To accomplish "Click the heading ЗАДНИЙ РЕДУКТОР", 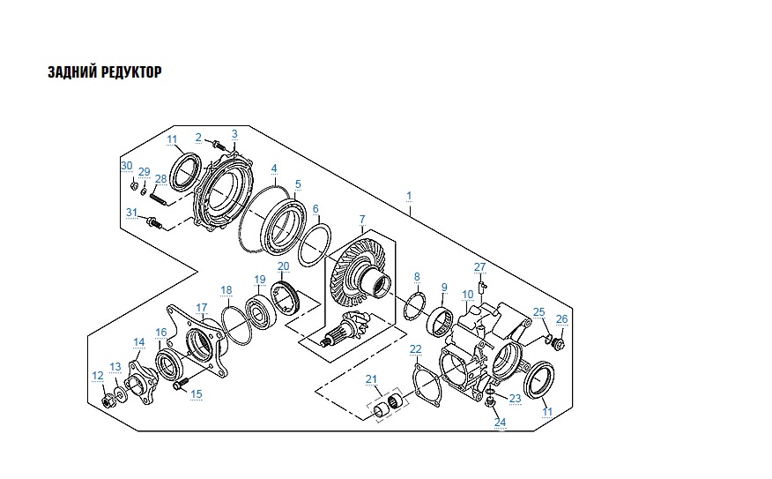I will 104,71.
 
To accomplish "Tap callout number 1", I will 409,193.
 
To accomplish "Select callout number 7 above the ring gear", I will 360,218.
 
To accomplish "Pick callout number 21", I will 372,379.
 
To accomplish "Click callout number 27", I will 480,267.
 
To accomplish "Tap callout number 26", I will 561,318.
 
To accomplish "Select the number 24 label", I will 500,423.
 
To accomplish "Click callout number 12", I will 98,376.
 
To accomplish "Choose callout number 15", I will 197,394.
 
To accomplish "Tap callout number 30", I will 126,166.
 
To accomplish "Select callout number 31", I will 131,212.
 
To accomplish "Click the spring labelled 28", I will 158,198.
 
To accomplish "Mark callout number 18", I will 226,290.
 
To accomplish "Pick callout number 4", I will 274,168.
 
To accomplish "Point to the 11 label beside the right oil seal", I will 548,412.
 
